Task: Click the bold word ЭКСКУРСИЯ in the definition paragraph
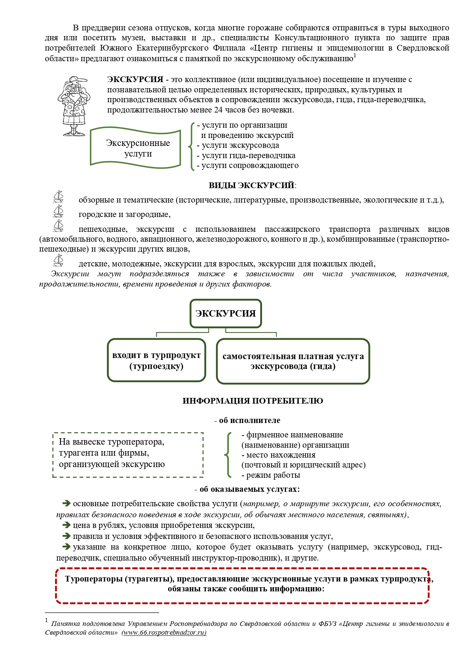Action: tap(135, 80)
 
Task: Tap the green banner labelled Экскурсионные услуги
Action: tap(135, 148)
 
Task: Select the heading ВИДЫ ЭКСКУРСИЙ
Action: tap(251, 185)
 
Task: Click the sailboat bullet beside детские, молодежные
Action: tap(58, 260)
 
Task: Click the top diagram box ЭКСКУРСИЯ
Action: tap(226, 314)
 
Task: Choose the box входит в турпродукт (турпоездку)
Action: tap(156, 360)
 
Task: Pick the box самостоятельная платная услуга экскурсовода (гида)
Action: tap(293, 361)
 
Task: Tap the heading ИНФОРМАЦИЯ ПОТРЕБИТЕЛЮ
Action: tap(253, 401)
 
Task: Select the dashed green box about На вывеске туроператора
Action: tap(128, 455)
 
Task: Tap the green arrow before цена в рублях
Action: tap(67, 525)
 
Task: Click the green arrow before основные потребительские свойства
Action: tap(67, 503)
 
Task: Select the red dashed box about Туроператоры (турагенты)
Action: tap(242, 585)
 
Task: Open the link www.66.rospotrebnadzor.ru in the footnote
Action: tap(164, 633)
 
